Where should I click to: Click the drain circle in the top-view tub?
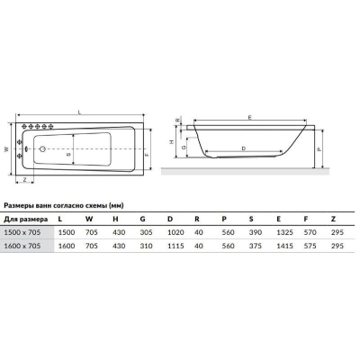point(42,148)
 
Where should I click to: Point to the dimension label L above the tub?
point(79,112)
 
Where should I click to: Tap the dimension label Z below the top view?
point(24,180)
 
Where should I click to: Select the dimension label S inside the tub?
point(68,155)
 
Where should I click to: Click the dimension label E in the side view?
point(250,117)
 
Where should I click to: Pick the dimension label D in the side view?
point(244,148)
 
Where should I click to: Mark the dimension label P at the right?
point(319,148)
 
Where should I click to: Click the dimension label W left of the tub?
point(6,149)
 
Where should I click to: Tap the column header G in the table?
point(142,219)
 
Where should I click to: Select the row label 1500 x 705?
point(22,232)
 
